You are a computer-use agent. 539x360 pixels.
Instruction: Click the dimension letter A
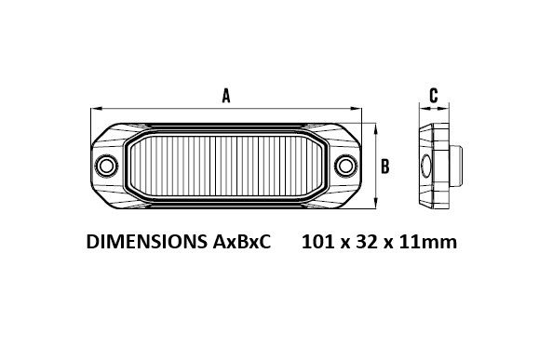point(226,96)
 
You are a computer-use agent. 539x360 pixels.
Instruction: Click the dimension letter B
point(385,167)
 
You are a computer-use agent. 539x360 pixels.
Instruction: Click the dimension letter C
point(434,95)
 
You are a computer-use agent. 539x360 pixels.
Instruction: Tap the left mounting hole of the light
point(106,166)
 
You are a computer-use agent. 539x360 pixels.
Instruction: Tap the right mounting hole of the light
point(345,166)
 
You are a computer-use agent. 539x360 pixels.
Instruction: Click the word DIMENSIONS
point(147,242)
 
